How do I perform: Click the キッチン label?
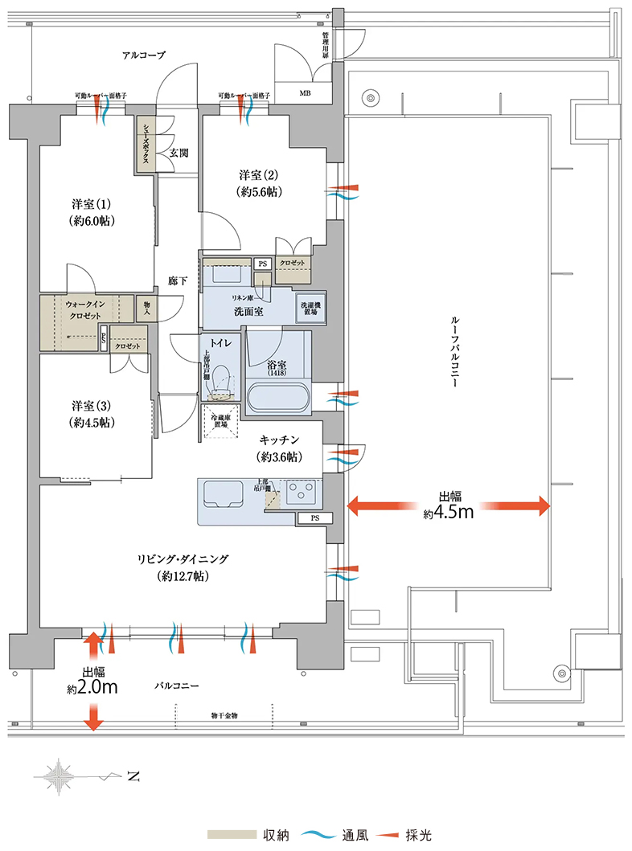[x=280, y=448]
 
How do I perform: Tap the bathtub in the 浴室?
[x=277, y=397]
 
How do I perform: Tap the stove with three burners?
[x=300, y=490]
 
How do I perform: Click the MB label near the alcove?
[x=305, y=94]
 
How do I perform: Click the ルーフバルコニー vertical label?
[x=453, y=354]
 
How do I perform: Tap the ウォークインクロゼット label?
[x=84, y=310]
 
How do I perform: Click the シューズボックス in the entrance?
[x=146, y=145]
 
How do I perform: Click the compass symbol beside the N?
[x=60, y=776]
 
